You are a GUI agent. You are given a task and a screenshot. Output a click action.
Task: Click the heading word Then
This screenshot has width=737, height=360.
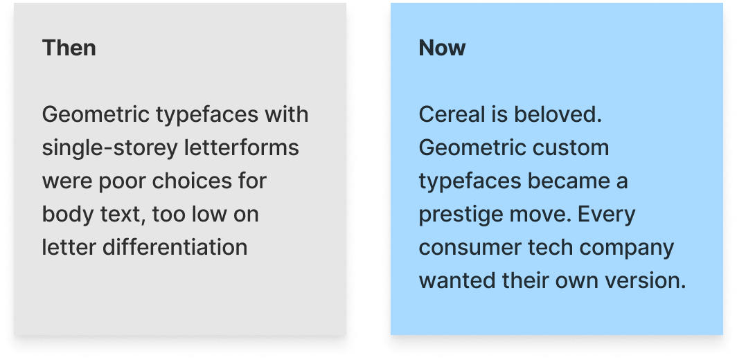(x=69, y=48)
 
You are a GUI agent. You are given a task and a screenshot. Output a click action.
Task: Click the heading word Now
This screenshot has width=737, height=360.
(x=442, y=48)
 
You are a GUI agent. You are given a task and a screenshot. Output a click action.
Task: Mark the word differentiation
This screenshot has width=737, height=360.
(x=175, y=247)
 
